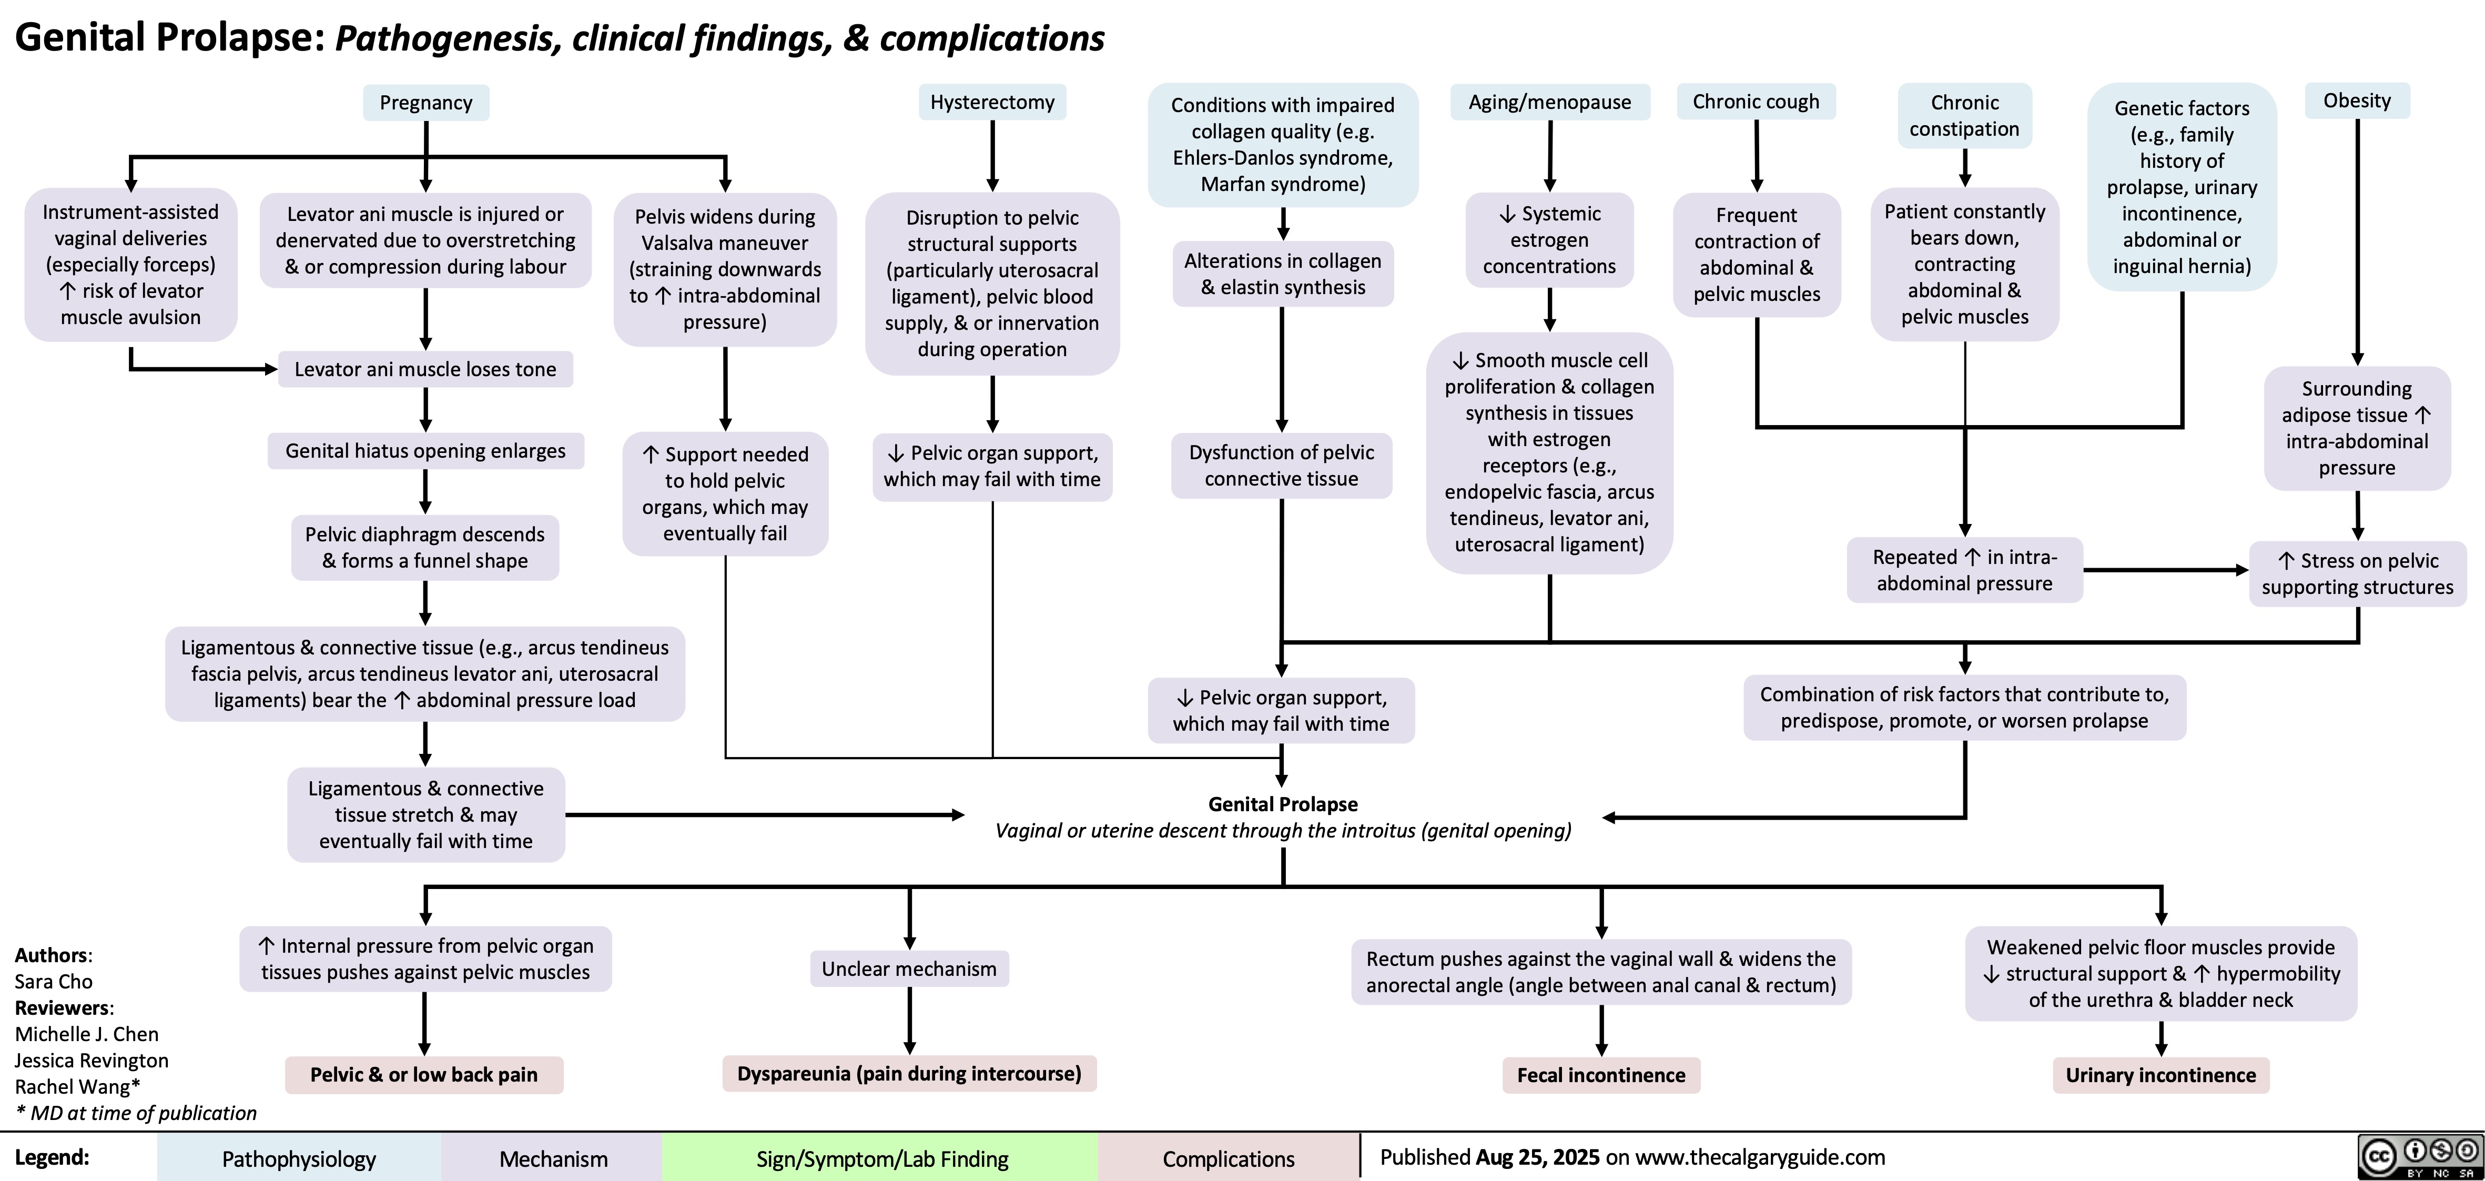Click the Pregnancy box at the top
(x=425, y=102)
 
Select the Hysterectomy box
(x=992, y=102)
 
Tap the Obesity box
(x=2357, y=100)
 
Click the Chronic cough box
(x=1756, y=102)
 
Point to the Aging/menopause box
(x=1549, y=102)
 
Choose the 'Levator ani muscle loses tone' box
(x=425, y=369)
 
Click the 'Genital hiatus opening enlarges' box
(x=425, y=451)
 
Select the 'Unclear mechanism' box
(x=909, y=968)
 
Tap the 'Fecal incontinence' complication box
(x=1600, y=1075)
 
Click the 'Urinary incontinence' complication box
(x=2161, y=1075)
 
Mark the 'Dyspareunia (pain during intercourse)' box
(x=909, y=1073)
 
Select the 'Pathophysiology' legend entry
(x=299, y=1159)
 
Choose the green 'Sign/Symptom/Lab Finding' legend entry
(x=881, y=1159)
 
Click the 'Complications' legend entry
(x=1228, y=1159)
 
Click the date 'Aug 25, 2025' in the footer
(x=1537, y=1157)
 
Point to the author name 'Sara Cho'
(x=54, y=981)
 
